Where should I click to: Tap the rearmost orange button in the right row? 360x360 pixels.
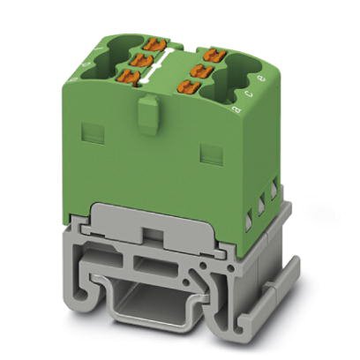click(x=209, y=55)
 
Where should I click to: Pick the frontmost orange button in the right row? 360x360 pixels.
click(x=187, y=86)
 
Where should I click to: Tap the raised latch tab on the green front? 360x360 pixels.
click(x=149, y=115)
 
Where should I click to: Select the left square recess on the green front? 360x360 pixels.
click(x=89, y=133)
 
